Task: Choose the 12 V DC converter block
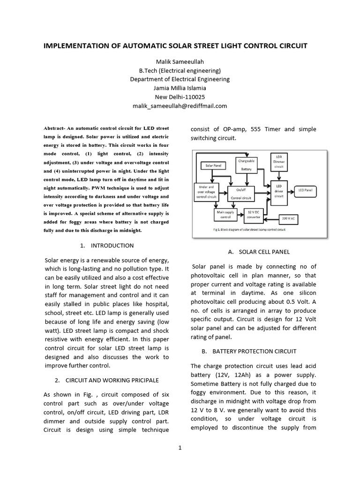click(x=254, y=214)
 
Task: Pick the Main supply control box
click(x=223, y=215)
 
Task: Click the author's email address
click(x=180, y=106)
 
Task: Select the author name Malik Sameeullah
click(x=180, y=62)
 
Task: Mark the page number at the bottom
click(x=180, y=448)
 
